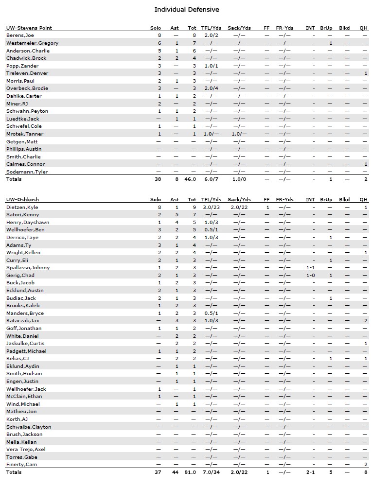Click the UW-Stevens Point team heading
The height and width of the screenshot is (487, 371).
[x=29, y=28]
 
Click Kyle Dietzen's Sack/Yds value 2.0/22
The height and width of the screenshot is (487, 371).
[x=239, y=207]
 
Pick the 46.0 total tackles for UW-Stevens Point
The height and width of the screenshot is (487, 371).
[x=192, y=179]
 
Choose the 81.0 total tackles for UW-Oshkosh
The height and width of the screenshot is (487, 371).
[x=192, y=472]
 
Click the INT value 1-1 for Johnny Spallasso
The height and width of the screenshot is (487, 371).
[x=310, y=268]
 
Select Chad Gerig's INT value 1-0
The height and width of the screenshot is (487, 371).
[x=310, y=276]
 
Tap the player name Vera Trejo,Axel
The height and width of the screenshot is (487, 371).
[x=26, y=450]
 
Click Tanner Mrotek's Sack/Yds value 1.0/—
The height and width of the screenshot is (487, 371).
[x=239, y=134]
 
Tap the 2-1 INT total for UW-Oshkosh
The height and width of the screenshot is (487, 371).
[x=310, y=472]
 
